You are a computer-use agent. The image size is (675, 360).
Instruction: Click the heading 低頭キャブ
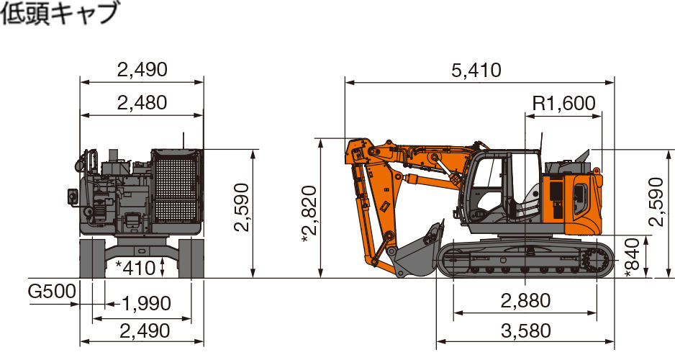(60, 13)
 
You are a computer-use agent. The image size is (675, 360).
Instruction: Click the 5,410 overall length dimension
(476, 70)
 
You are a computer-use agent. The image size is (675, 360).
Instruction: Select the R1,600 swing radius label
(564, 104)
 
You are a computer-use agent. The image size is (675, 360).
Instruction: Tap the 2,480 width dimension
(142, 103)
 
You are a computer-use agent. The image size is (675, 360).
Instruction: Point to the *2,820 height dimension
(310, 214)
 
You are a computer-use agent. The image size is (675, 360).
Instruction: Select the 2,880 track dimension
(525, 300)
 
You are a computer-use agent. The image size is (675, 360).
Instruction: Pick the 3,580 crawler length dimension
(525, 331)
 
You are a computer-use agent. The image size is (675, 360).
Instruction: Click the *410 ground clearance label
(135, 269)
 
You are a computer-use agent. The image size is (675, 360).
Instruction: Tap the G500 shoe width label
(52, 292)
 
